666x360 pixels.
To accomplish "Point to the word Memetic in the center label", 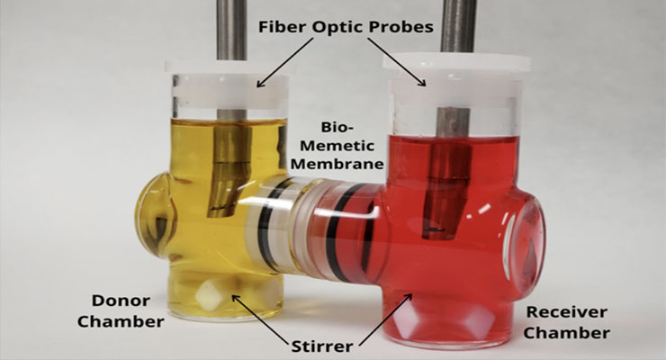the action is (x=337, y=146).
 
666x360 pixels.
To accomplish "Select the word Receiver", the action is (x=567, y=312).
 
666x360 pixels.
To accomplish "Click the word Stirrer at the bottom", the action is (x=322, y=346).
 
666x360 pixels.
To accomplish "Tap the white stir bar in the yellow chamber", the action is (x=209, y=292).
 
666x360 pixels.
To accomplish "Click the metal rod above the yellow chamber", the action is (x=231, y=30).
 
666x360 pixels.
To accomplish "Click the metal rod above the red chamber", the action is (x=457, y=26).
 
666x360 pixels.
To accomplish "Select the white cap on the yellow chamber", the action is (x=227, y=85).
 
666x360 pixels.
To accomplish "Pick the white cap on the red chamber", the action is (x=456, y=80).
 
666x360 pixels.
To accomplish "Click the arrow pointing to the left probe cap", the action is (x=285, y=63).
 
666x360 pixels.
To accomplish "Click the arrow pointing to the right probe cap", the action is (x=397, y=62).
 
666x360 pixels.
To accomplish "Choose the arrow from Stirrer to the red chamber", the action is (x=386, y=319).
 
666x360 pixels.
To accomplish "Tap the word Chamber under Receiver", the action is (x=567, y=333).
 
